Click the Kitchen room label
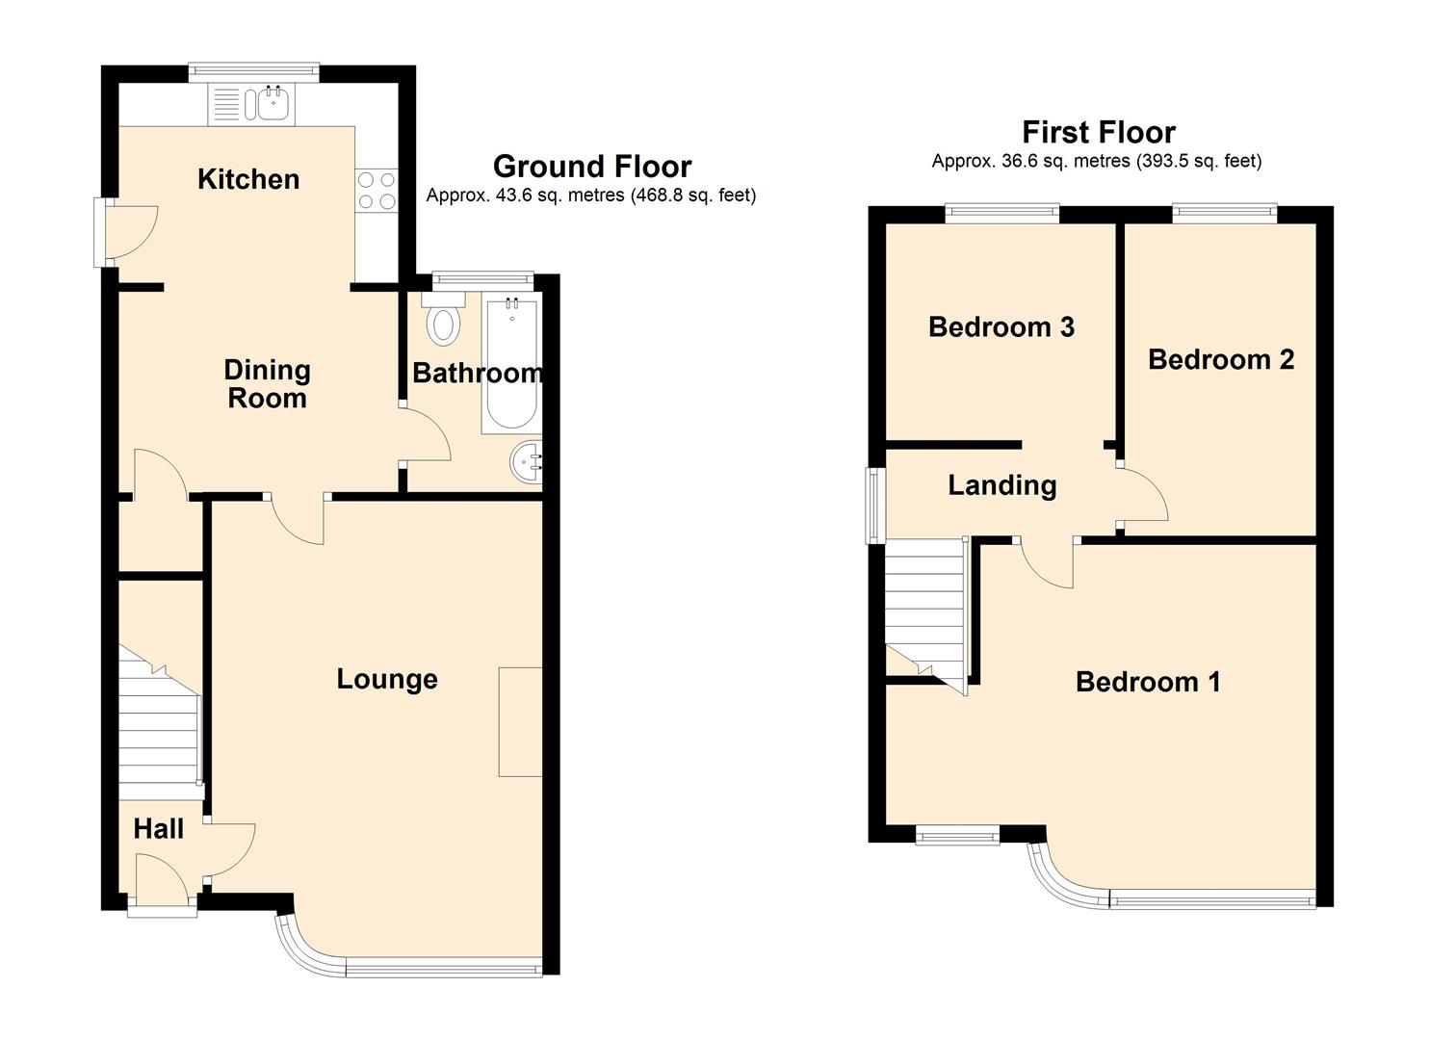(x=248, y=179)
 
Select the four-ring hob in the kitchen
(x=377, y=192)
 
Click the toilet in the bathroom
(x=444, y=318)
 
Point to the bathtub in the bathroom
(x=509, y=363)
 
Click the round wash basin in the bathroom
(x=526, y=462)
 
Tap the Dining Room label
(x=267, y=384)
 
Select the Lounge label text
(x=387, y=679)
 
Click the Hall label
(x=158, y=829)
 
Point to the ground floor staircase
(x=160, y=721)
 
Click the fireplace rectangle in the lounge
(x=520, y=721)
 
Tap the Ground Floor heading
(x=592, y=167)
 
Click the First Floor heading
(x=1098, y=132)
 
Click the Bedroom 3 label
(x=1001, y=326)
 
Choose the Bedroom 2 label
(x=1221, y=359)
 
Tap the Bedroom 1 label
(x=1148, y=682)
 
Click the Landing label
(x=1001, y=486)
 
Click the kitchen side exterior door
(x=125, y=232)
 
